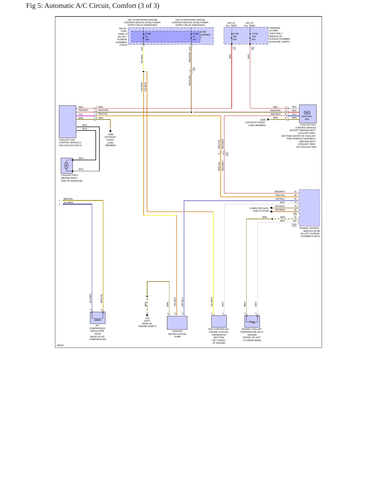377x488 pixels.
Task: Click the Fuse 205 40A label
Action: (x=236, y=37)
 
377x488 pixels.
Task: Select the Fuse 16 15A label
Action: (x=148, y=37)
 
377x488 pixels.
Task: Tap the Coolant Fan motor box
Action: (x=308, y=114)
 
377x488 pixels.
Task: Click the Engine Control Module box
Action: (x=309, y=208)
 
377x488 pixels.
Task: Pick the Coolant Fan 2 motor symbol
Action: (x=66, y=165)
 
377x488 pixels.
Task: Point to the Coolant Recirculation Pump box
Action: (x=177, y=323)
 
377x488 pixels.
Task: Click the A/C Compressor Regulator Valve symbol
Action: (x=98, y=318)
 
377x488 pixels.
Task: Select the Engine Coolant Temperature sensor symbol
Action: (x=252, y=321)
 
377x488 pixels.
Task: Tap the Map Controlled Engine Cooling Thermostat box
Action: (x=219, y=321)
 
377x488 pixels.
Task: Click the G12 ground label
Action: (x=147, y=318)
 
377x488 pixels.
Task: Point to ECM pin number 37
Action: (x=295, y=192)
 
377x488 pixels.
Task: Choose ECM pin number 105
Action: (x=295, y=221)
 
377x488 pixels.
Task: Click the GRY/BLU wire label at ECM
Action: (x=280, y=199)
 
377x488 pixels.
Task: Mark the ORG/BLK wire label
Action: (x=280, y=206)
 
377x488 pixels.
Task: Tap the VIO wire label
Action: (x=81, y=114)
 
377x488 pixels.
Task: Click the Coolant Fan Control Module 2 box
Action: (x=68, y=122)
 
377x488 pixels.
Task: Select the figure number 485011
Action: (x=60, y=345)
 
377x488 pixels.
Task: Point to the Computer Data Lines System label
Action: (x=259, y=210)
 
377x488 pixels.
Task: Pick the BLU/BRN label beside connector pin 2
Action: (x=68, y=203)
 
